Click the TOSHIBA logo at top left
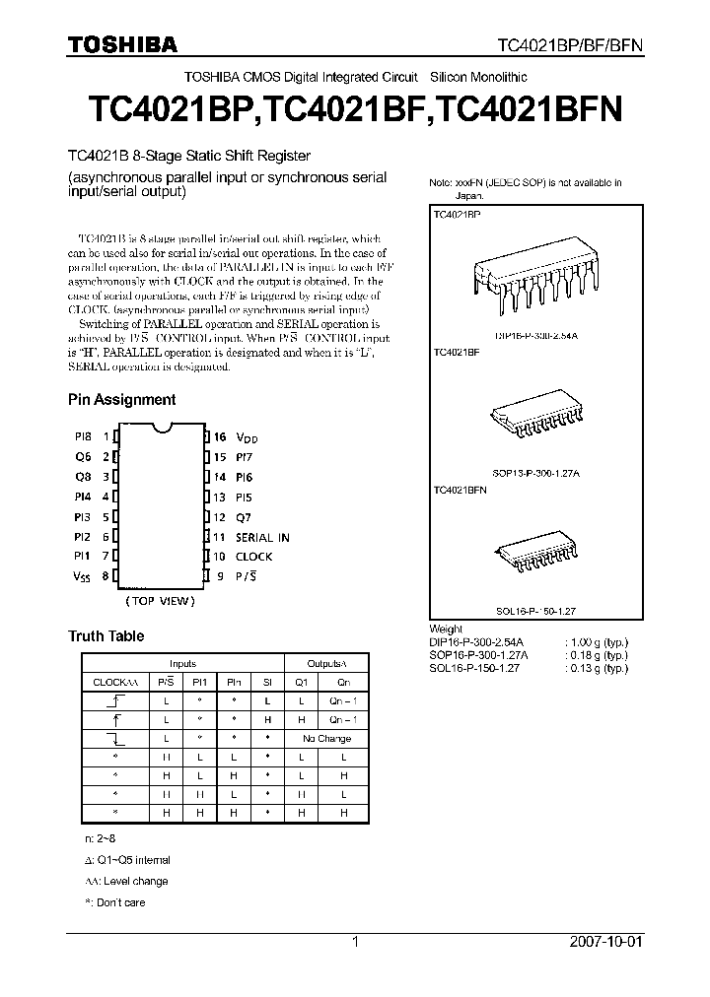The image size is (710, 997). [122, 44]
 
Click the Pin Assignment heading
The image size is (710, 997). [121, 400]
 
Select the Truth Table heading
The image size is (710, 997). [106, 636]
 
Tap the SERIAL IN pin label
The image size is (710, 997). [262, 537]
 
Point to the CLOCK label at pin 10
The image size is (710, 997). [253, 557]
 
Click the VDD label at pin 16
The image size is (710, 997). [246, 437]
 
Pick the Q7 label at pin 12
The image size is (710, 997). [244, 517]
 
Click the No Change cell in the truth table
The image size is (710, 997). [326, 738]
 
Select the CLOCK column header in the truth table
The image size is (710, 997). [109, 681]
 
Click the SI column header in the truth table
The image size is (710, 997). [267, 681]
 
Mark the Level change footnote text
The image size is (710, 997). [127, 882]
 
